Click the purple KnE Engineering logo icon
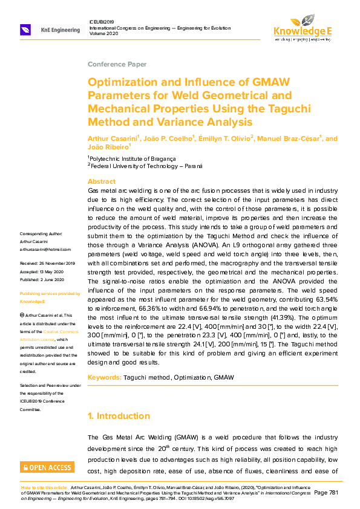(26, 30)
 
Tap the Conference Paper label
(116, 64)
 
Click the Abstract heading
(102, 181)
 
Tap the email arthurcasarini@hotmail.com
(45, 249)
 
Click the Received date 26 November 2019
(47, 264)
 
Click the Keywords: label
(107, 377)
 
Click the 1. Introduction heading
(119, 416)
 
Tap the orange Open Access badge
(47, 467)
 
